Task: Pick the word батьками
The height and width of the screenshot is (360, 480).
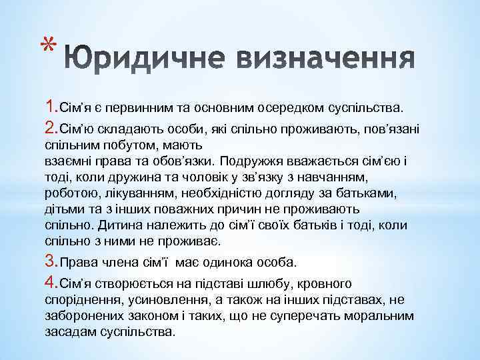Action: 365,193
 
